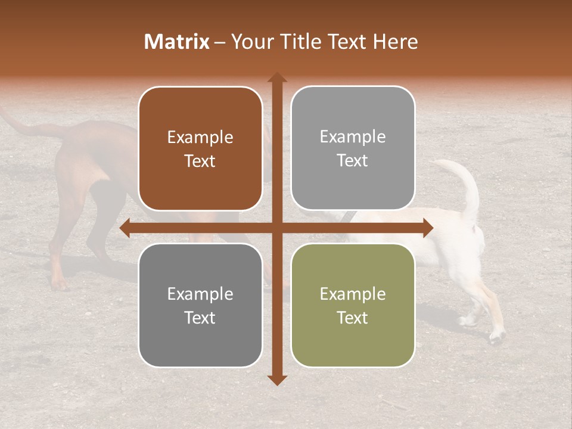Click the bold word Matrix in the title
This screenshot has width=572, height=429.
pyautogui.click(x=176, y=42)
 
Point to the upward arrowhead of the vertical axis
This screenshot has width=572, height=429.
pyautogui.click(x=276, y=78)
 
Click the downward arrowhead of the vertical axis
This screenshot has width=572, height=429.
pyautogui.click(x=276, y=380)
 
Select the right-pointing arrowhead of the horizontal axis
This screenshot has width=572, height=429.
pyautogui.click(x=427, y=228)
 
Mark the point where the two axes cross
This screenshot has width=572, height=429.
pyautogui.click(x=276, y=228)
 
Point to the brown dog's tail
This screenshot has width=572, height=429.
pyautogui.click(x=24, y=125)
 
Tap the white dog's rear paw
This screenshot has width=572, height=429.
pyautogui.click(x=496, y=337)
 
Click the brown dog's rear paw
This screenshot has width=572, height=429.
pyautogui.click(x=58, y=283)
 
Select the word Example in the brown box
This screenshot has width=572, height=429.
pyautogui.click(x=200, y=138)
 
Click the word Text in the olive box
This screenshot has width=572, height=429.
pyautogui.click(x=353, y=318)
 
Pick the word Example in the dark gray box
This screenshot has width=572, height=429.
pyautogui.click(x=200, y=294)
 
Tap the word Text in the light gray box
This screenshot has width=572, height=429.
pyautogui.click(x=353, y=161)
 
